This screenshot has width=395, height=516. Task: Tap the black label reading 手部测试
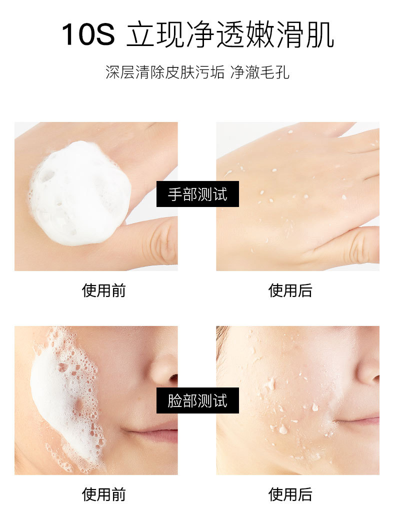click(197, 194)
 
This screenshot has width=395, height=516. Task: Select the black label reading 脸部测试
click(197, 400)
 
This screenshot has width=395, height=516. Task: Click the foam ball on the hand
click(80, 193)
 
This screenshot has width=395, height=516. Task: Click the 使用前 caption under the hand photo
click(103, 290)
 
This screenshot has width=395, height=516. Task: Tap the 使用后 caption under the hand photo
click(290, 290)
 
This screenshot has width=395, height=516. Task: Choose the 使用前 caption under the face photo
click(103, 494)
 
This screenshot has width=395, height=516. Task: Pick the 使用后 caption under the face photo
click(290, 494)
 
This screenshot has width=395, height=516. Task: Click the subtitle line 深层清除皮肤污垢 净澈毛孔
click(197, 72)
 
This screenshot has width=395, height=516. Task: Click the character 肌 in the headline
click(320, 34)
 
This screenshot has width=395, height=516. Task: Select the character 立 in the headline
click(140, 34)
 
